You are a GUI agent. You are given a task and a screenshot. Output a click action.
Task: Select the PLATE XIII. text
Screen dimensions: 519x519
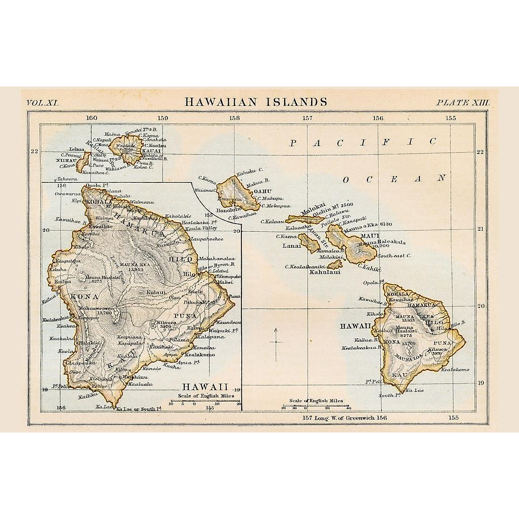462,103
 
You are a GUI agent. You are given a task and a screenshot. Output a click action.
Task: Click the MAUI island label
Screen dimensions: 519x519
366,236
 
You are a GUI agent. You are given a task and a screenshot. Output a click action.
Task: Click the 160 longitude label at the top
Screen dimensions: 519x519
91,118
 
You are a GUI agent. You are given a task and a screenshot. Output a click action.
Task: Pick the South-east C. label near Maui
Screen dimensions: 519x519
394,256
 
